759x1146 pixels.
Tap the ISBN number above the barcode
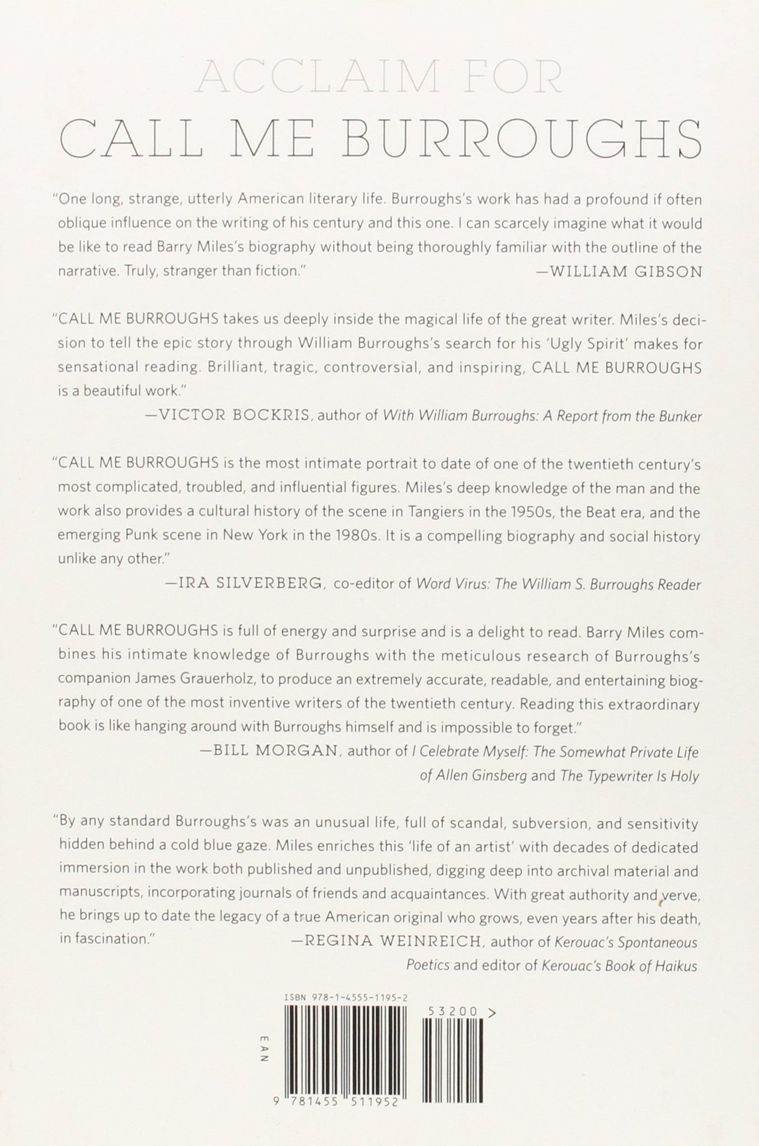point(345,998)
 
